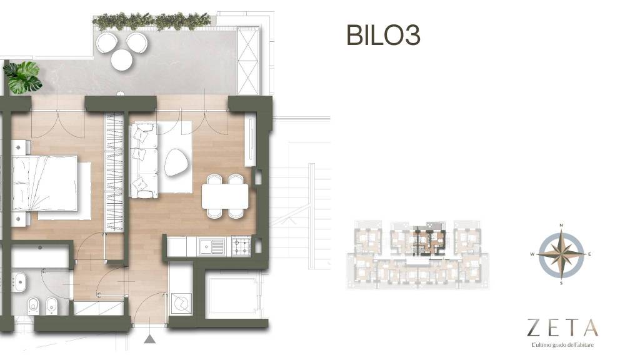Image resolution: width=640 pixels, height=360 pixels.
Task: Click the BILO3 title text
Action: point(383,35)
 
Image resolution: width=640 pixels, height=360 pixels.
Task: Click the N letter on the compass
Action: point(561,225)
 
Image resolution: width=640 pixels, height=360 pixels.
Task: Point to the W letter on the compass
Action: point(532,254)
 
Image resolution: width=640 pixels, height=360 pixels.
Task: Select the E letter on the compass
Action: point(589,254)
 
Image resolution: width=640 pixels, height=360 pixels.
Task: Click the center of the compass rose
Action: point(561,254)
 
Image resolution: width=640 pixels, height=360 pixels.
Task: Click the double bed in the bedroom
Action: point(44,183)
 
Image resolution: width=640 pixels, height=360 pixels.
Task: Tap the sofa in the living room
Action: point(144,161)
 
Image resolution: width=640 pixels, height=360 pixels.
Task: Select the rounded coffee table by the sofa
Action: point(177,162)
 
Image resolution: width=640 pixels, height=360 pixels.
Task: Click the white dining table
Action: point(225,196)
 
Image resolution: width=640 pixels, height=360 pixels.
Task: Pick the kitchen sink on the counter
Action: point(212,247)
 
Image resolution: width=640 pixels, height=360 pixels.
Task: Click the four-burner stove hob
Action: point(241,246)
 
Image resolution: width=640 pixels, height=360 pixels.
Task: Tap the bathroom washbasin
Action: point(19,282)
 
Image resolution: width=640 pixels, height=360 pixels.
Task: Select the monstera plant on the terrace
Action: point(22,77)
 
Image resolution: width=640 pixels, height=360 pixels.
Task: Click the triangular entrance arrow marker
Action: point(150,339)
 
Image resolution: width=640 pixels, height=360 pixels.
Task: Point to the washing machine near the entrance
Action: point(181,303)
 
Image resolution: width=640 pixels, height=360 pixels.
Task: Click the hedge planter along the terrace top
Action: point(151,21)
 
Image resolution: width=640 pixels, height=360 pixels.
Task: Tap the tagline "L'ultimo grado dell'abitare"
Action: point(562,345)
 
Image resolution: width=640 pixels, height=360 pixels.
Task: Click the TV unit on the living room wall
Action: point(250,142)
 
